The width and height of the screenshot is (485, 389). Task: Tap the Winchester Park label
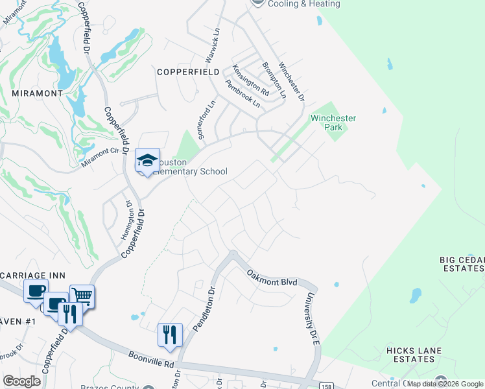tap(333, 123)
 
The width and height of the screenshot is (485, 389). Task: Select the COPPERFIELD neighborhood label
tap(187, 73)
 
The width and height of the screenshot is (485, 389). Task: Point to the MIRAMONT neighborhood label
tap(37, 93)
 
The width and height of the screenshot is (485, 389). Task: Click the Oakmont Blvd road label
tap(272, 277)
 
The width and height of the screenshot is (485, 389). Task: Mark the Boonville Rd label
tap(151, 360)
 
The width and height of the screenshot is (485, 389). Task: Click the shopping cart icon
tap(82, 296)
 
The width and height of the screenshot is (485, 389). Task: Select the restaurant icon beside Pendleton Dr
tap(170, 335)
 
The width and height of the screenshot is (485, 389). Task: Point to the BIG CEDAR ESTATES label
tap(462, 265)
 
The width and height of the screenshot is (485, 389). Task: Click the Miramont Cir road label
tap(101, 158)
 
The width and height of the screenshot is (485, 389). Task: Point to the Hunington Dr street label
tap(125, 221)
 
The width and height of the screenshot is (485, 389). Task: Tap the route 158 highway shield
tap(325, 385)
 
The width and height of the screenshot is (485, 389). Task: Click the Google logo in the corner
tap(21, 381)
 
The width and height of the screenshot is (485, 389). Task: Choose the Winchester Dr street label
tap(291, 82)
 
